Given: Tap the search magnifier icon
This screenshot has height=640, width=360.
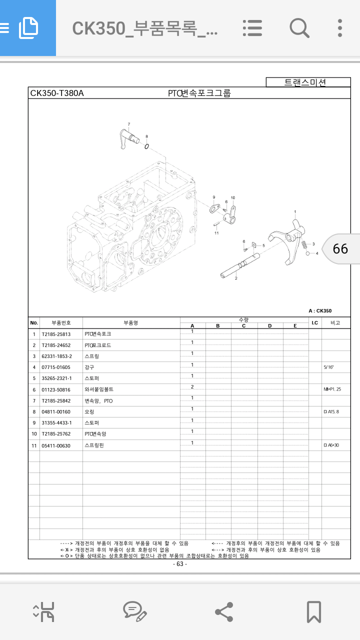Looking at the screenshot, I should pos(299,28).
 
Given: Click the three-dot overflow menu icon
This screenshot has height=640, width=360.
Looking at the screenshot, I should pos(340,28).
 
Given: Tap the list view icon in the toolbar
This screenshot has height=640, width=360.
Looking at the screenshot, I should pos(252,28).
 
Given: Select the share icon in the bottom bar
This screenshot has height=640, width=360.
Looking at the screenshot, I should pos(223,611).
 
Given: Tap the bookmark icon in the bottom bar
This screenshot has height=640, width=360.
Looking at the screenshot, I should pos(313,611).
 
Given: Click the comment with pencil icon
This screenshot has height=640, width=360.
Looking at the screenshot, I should pos(134,611).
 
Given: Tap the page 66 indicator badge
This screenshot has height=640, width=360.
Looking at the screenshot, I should pos(340,248).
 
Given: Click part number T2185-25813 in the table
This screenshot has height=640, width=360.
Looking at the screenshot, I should pos(56,334).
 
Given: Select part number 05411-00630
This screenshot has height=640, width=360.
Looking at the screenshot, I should pos(56,445).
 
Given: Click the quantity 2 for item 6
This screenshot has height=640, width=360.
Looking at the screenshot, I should pos(192,387).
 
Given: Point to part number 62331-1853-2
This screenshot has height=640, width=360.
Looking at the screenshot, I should pos(57,356).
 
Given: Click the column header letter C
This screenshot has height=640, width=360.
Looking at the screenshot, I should pos(244,326).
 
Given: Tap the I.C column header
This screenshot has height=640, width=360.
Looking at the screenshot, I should pos(314,323).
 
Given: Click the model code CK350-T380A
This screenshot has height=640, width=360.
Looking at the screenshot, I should pos(57,93).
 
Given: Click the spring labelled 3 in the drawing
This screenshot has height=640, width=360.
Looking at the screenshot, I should pos(303,245).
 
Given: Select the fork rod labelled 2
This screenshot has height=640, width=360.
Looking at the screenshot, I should pos(240,266).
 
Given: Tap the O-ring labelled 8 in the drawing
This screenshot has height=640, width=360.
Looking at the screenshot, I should pos(147,146).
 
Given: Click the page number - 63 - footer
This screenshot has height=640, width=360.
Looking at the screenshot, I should pos(180,564).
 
